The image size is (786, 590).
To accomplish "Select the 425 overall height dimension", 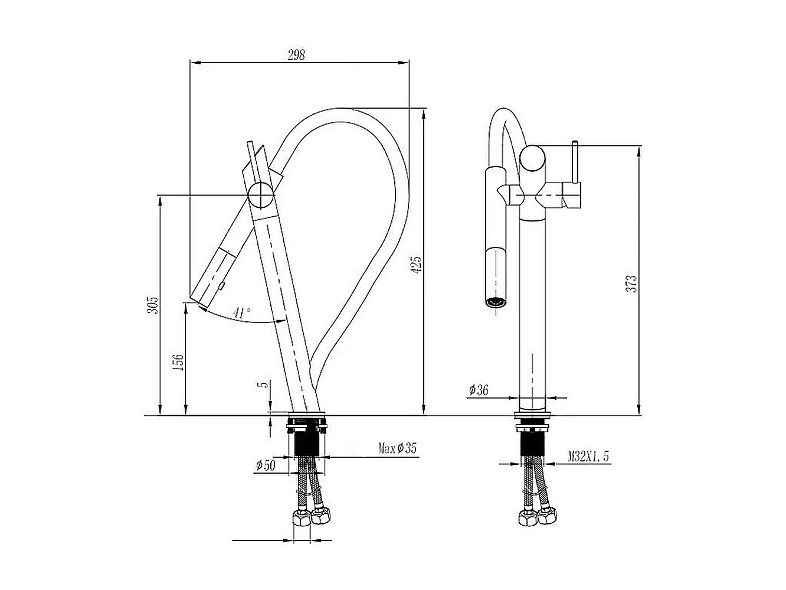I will pyautogui.click(x=417, y=264).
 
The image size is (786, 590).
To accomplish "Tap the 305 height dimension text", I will pyautogui.click(x=153, y=305).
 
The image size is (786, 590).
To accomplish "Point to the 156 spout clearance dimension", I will pyautogui.click(x=179, y=361).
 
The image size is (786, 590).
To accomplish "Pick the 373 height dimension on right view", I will pyautogui.click(x=632, y=284).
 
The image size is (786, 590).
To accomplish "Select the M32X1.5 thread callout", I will pyautogui.click(x=588, y=456).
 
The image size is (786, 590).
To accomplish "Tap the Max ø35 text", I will pyautogui.click(x=397, y=449).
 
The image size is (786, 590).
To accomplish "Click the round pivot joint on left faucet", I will pyautogui.click(x=260, y=194).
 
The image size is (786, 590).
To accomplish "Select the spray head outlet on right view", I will pyautogui.click(x=495, y=302).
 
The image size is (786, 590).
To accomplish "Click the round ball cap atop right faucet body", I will pyautogui.click(x=533, y=159).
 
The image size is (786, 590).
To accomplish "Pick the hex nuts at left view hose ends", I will pyautogui.click(x=310, y=517).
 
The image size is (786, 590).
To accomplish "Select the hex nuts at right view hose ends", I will pyautogui.click(x=536, y=519).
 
